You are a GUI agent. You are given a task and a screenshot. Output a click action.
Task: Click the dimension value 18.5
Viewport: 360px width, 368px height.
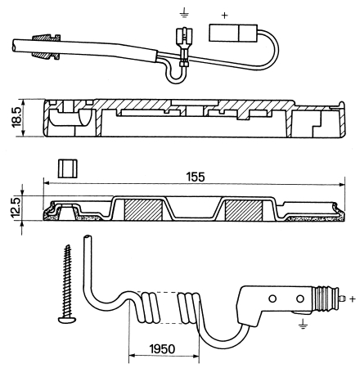pyautogui.click(x=16, y=117)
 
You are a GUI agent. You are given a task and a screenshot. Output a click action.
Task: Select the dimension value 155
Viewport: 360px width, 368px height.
pyautogui.click(x=196, y=177)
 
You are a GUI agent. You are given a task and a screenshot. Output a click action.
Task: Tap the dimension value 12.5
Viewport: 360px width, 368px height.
pyautogui.click(x=16, y=208)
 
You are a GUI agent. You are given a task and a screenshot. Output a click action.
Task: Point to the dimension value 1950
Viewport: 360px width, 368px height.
pyautogui.click(x=162, y=349)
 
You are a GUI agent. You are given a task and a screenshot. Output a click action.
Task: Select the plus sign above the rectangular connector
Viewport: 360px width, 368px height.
pyautogui.click(x=224, y=16)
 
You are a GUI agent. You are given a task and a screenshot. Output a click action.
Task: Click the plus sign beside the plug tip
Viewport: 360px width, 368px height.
pyautogui.click(x=353, y=298)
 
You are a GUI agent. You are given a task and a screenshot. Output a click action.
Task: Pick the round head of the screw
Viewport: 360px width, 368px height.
pyautogui.click(x=67, y=319)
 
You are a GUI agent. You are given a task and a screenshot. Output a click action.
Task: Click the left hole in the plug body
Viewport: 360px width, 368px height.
pyautogui.click(x=272, y=298)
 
